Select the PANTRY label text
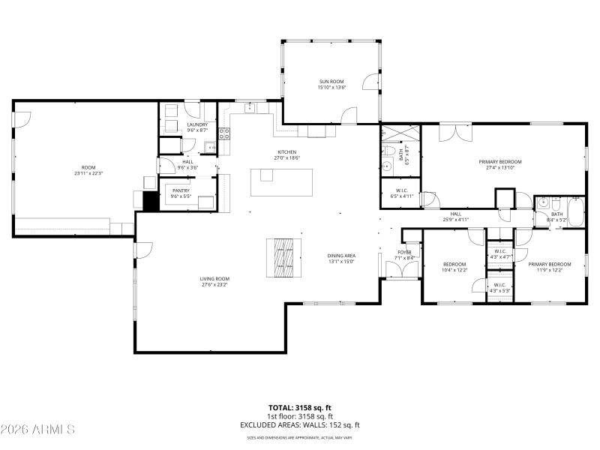point(181,190)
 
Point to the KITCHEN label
point(288,151)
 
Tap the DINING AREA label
point(341,256)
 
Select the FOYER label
point(405,253)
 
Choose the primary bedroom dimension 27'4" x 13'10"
point(500,167)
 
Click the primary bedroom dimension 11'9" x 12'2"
point(550,270)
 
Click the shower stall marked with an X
point(399,133)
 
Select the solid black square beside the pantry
point(149,201)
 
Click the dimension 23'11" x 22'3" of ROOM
point(88,173)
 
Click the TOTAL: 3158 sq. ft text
point(300,409)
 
